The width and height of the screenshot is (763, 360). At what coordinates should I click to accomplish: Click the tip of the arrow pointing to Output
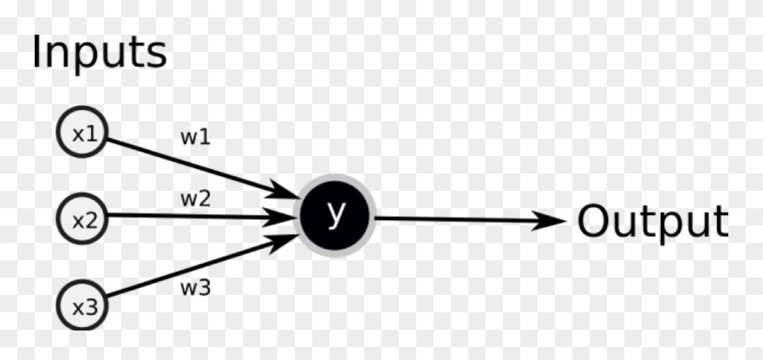tap(567, 220)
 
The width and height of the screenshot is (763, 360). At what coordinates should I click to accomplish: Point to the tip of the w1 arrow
tap(300, 199)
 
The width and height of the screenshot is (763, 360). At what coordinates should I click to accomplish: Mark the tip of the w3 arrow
tap(300, 235)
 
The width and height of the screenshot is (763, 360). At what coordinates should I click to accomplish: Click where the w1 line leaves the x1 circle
tap(107, 140)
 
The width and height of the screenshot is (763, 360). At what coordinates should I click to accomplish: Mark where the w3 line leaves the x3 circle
tap(107, 296)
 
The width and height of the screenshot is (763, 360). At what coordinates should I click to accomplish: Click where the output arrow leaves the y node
tap(375, 219)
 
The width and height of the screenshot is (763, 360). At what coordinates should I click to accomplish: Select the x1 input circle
tap(82, 132)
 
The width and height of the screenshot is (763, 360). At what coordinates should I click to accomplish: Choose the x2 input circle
tap(82, 219)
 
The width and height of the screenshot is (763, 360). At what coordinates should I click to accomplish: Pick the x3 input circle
tap(82, 305)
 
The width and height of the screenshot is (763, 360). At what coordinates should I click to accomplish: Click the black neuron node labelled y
tap(336, 215)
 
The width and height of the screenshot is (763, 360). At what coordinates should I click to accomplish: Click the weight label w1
tap(195, 138)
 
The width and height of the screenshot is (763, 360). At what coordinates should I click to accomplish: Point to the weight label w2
tap(195, 199)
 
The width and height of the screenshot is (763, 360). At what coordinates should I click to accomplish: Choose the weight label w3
tap(196, 288)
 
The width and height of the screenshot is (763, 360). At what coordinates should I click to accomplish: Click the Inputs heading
tap(100, 55)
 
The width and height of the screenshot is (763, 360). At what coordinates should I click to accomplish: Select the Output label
tap(653, 223)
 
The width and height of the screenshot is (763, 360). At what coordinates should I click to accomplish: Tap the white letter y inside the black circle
tap(336, 213)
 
